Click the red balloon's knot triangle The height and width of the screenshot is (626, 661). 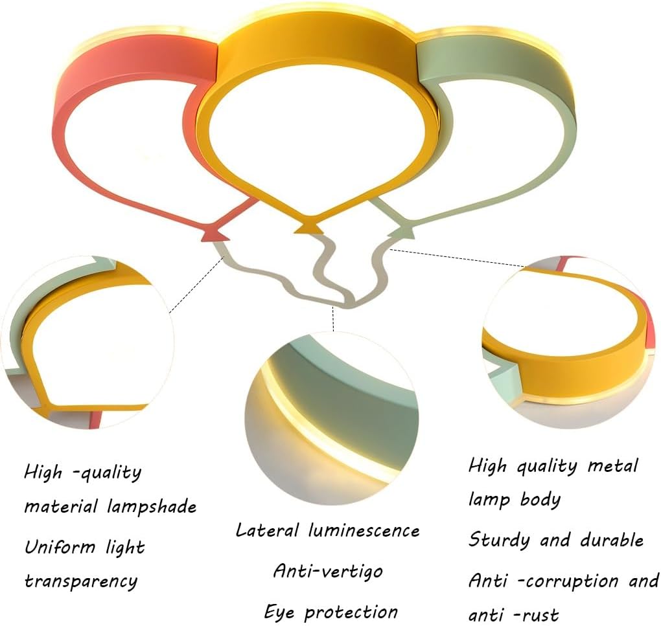click(215, 235)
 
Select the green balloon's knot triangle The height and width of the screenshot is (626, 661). click(402, 232)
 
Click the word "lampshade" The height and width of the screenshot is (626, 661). click(152, 507)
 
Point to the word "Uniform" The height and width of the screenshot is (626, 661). click(60, 547)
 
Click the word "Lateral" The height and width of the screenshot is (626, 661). click(267, 530)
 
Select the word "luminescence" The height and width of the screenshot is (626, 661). click(364, 530)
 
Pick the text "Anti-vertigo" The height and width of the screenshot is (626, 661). click(328, 571)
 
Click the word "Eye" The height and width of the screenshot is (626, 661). click(279, 612)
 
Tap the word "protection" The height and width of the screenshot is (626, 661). click(351, 612)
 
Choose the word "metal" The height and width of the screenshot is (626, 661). click(612, 466)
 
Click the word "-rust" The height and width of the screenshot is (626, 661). click(537, 615)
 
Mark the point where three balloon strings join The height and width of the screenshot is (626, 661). click(351, 304)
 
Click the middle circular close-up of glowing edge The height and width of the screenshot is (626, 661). click(332, 418)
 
